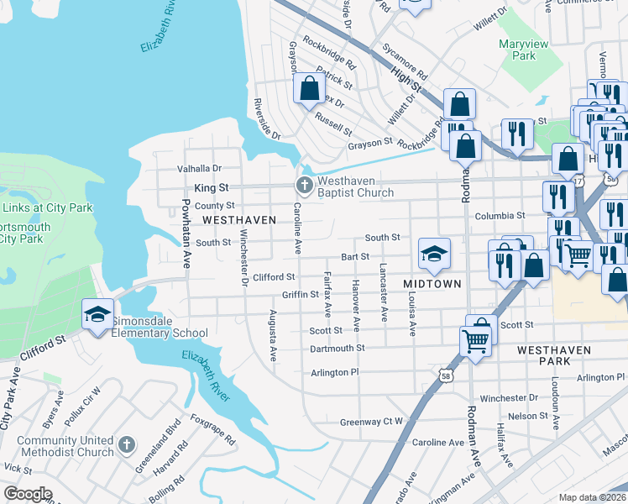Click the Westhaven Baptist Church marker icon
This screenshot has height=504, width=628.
point(304,184)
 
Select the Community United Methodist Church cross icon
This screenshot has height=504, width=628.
point(126,444)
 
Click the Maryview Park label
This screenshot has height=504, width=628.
point(516,50)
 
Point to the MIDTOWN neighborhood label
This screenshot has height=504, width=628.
point(432,284)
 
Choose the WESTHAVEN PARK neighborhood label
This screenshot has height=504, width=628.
point(556,354)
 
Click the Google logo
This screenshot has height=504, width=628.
point(28,494)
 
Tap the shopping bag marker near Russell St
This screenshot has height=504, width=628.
point(309,87)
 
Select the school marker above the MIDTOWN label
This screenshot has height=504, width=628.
point(434,254)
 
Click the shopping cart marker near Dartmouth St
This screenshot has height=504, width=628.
point(475,341)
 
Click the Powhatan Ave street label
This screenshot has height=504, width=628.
point(186,233)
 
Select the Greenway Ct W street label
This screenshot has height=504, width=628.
point(371,422)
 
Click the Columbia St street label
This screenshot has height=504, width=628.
point(500,215)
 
